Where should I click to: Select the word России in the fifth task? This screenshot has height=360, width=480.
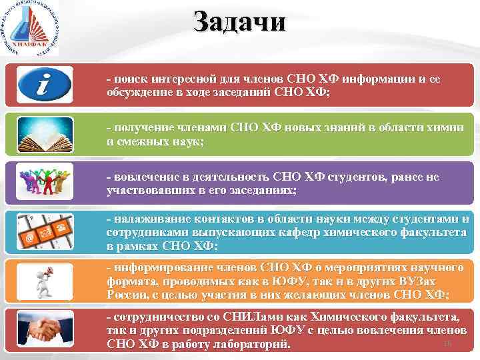(x=125, y=294)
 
